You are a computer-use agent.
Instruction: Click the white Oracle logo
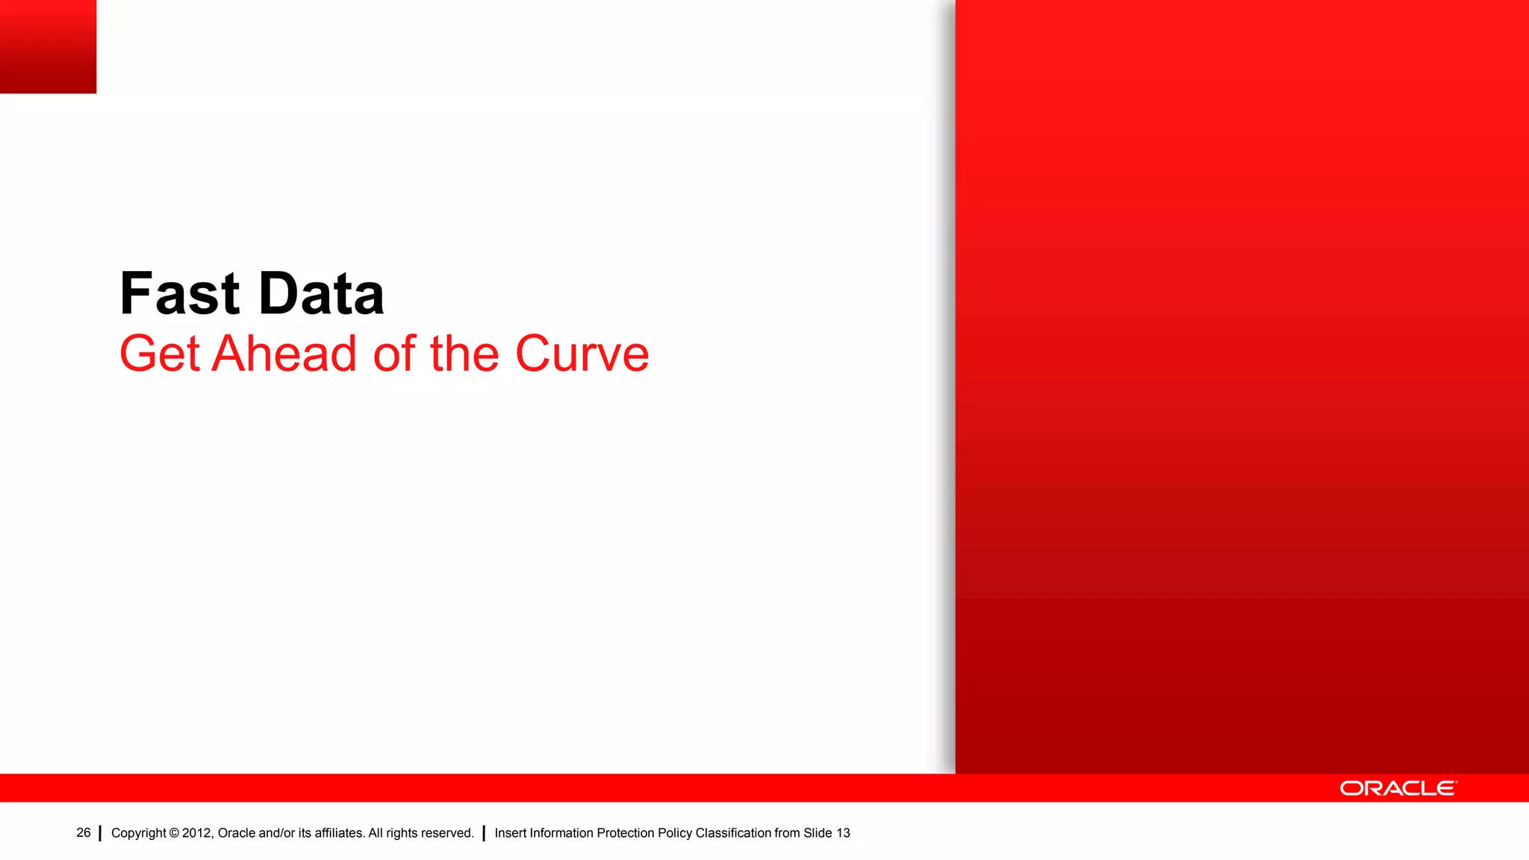[1398, 788]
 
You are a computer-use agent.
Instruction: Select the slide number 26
[84, 832]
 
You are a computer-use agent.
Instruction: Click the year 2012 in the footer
[197, 833]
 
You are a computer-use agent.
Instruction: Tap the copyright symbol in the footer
[174, 833]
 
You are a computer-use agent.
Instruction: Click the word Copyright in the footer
[138, 833]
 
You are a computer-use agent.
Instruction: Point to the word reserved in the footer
[448, 833]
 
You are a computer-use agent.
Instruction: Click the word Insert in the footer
[510, 833]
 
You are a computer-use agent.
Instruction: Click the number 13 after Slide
[843, 833]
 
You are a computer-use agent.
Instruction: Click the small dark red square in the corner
[48, 46]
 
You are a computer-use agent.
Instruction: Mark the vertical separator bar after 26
[100, 833]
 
